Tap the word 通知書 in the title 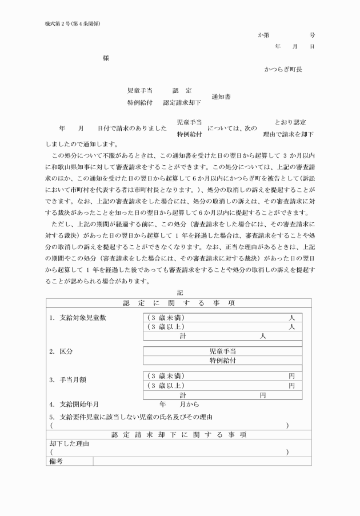221,97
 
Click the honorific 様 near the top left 106,58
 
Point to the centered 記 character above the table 180,293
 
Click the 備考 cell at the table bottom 57,460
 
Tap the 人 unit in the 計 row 263,337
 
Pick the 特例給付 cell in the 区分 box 222,360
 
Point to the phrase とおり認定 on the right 290,122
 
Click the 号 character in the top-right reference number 312,35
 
